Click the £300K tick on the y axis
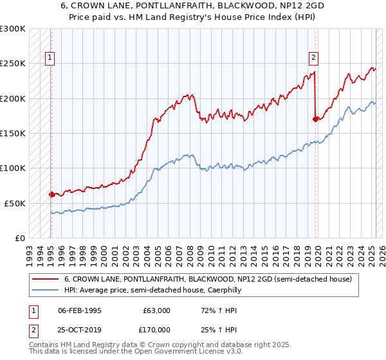pyautogui.click(x=13, y=29)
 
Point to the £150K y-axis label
pyautogui.click(x=13, y=133)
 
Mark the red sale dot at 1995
pyautogui.click(x=51, y=194)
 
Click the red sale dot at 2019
pyautogui.click(x=315, y=119)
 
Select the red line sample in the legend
pyautogui.click(x=45, y=280)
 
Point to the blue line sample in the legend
pyautogui.click(x=45, y=291)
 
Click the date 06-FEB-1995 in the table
pyautogui.click(x=80, y=310)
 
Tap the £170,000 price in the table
pyautogui.click(x=157, y=329)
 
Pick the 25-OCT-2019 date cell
pyautogui.click(x=80, y=329)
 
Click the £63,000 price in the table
pyautogui.click(x=157, y=310)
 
